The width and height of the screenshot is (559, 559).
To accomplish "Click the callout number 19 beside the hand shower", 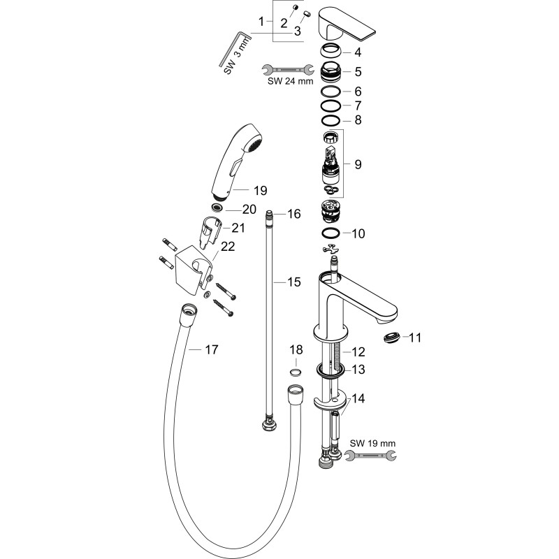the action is click(260, 190).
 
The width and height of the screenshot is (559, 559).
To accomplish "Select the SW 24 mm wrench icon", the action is click(288, 69).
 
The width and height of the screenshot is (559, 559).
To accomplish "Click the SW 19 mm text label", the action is click(372, 444).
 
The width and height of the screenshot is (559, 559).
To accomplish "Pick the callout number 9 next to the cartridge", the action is click(358, 164).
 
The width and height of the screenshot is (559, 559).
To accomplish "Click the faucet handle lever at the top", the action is click(346, 24).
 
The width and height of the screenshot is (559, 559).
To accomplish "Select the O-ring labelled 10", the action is click(331, 233).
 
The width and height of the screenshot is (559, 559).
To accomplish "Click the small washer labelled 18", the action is click(295, 372).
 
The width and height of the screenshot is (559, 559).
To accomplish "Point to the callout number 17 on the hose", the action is click(212, 350).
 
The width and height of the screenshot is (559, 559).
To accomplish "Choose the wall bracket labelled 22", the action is click(194, 270).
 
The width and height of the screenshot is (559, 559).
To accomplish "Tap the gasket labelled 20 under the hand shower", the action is click(217, 207).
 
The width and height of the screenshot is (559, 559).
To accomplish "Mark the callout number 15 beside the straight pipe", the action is click(294, 282).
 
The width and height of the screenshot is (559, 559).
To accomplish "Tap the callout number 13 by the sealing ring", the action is click(358, 370).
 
